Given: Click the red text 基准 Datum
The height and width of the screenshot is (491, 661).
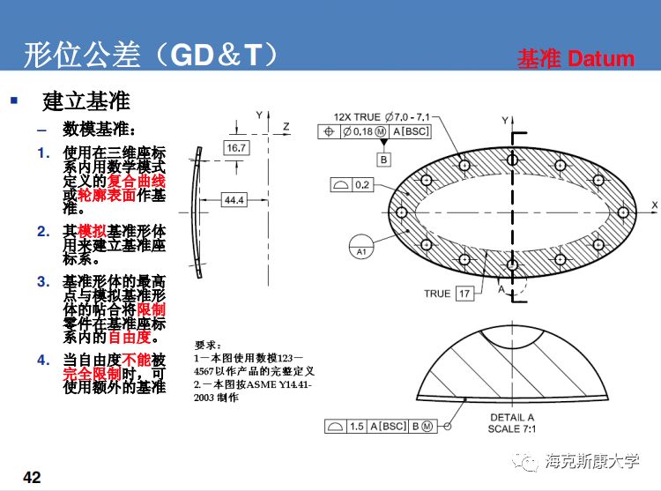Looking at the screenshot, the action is click(x=575, y=59).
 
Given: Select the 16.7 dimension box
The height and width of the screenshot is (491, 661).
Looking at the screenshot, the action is click(x=236, y=148).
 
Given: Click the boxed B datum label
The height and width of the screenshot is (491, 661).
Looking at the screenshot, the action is click(x=383, y=160).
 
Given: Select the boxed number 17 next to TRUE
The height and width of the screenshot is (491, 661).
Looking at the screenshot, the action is click(x=464, y=294).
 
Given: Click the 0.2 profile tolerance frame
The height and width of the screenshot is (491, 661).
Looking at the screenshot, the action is click(x=361, y=185).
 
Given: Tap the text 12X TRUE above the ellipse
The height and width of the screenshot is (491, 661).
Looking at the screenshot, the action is click(x=357, y=117).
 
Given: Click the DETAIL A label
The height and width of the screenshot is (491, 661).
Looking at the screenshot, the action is click(x=512, y=417).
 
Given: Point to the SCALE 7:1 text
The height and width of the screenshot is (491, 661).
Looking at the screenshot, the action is click(x=512, y=428).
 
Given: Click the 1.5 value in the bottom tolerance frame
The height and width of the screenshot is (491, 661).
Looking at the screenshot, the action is click(x=356, y=427).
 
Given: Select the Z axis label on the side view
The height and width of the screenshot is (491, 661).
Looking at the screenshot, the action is click(x=286, y=127).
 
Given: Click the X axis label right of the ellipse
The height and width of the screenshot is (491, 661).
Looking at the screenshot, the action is click(x=654, y=205).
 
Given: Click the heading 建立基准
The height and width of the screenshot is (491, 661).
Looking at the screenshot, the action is click(x=85, y=100).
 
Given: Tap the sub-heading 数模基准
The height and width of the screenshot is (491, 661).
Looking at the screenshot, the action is click(x=97, y=129).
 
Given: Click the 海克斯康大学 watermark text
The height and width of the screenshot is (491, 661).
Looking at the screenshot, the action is click(x=591, y=459).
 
